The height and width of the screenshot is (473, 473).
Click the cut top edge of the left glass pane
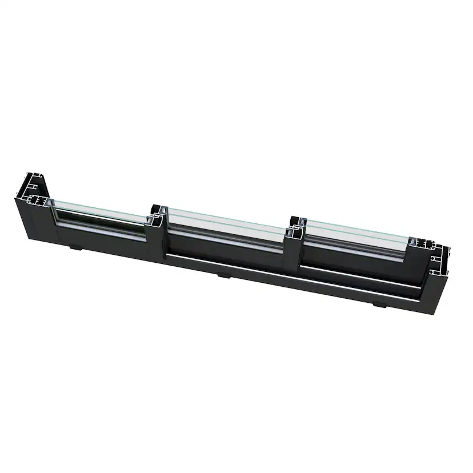point(97,206)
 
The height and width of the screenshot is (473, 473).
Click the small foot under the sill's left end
point(75,247)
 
